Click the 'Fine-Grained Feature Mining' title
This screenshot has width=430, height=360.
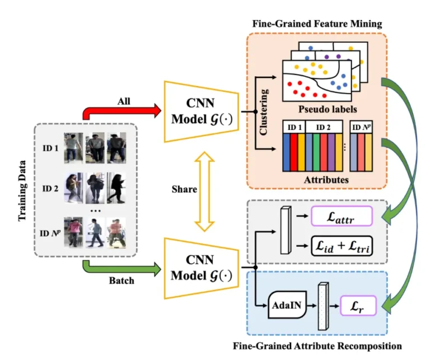(x=317, y=23)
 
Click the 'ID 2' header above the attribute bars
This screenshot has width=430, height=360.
(x=322, y=128)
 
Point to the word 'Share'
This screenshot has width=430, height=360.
(x=185, y=189)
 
